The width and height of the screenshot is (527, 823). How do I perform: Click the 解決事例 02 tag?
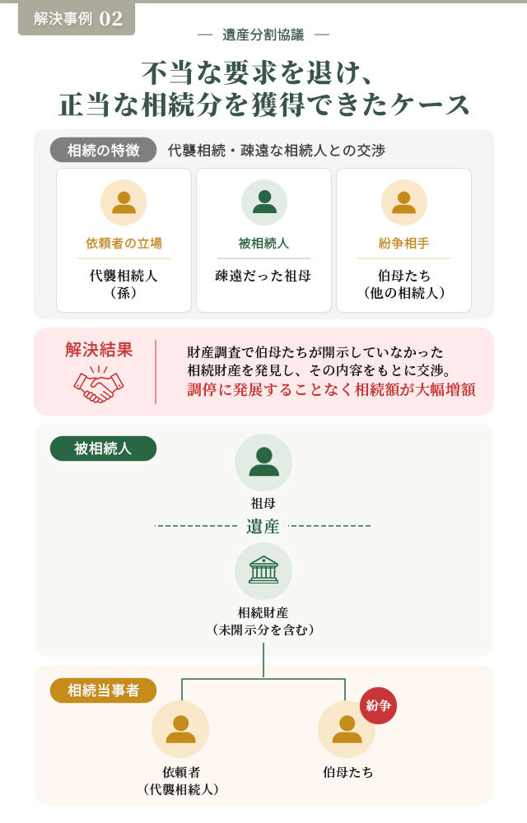pos(77,18)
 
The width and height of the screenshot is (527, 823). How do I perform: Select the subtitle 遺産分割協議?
pos(263,35)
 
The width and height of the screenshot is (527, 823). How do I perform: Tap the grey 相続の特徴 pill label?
pos(104,150)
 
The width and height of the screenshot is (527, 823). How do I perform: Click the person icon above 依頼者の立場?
pos(124,202)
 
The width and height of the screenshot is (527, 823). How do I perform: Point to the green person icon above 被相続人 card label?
pos(264,202)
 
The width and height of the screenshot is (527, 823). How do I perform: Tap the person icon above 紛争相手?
pos(403,202)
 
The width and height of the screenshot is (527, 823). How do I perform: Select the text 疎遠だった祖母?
pos(263,276)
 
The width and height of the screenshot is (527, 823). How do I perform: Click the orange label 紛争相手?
pos(403,243)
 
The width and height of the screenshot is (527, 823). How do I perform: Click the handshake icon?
pos(99,384)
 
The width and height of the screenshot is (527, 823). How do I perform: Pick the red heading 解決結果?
pos(99,349)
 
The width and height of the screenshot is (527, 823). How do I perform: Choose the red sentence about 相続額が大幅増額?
pos(331,389)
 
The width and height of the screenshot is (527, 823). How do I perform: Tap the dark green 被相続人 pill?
pos(104,449)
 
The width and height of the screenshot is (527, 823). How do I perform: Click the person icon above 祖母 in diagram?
pos(263,463)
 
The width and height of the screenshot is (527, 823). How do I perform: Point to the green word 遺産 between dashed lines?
pos(263,525)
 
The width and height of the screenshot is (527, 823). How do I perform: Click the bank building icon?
pos(263,570)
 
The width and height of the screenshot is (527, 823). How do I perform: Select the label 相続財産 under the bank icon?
pos(263,612)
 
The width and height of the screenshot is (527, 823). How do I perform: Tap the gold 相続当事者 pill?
pos(104,690)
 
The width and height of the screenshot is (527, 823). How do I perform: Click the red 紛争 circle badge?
pos(379,705)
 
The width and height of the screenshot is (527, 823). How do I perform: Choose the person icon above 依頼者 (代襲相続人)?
pos(180,729)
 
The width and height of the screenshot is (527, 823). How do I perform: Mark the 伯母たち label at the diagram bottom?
pos(347,772)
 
